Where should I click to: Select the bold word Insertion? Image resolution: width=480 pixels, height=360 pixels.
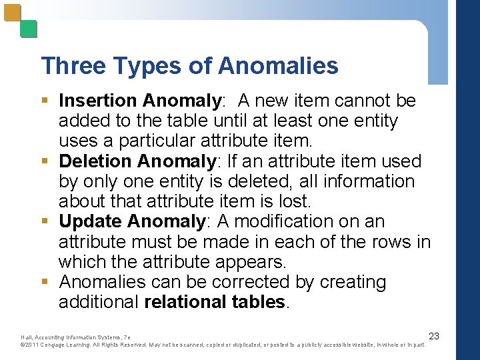[97, 101]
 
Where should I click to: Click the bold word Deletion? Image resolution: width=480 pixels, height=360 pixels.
[95, 161]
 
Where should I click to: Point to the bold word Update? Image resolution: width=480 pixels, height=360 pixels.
[90, 221]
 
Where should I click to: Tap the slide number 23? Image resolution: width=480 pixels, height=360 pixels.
[434, 336]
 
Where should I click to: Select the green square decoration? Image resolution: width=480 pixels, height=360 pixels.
[28, 29]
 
